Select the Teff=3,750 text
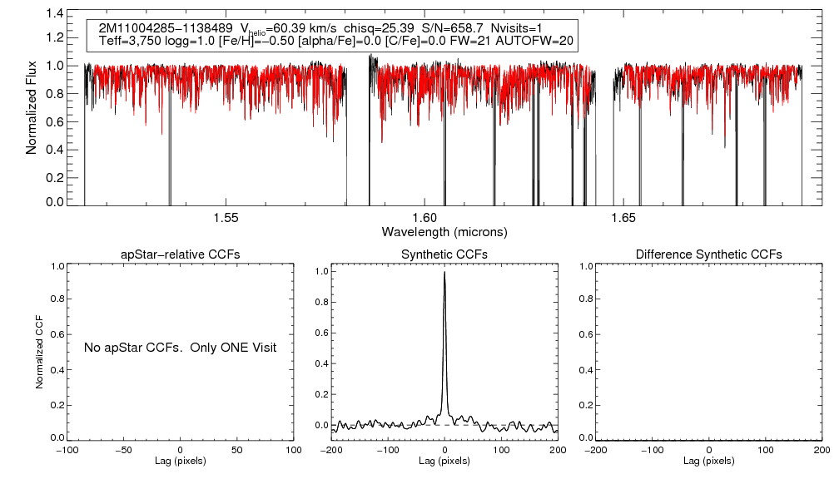click(127, 40)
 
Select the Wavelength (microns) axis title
click(444, 231)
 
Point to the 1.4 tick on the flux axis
click(55, 14)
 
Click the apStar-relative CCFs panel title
click(181, 254)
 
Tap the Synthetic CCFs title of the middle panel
click(444, 254)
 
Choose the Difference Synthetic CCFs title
click(708, 254)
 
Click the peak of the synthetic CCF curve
click(445, 272)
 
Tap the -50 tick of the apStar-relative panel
click(123, 450)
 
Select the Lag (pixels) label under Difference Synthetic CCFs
click(708, 461)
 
